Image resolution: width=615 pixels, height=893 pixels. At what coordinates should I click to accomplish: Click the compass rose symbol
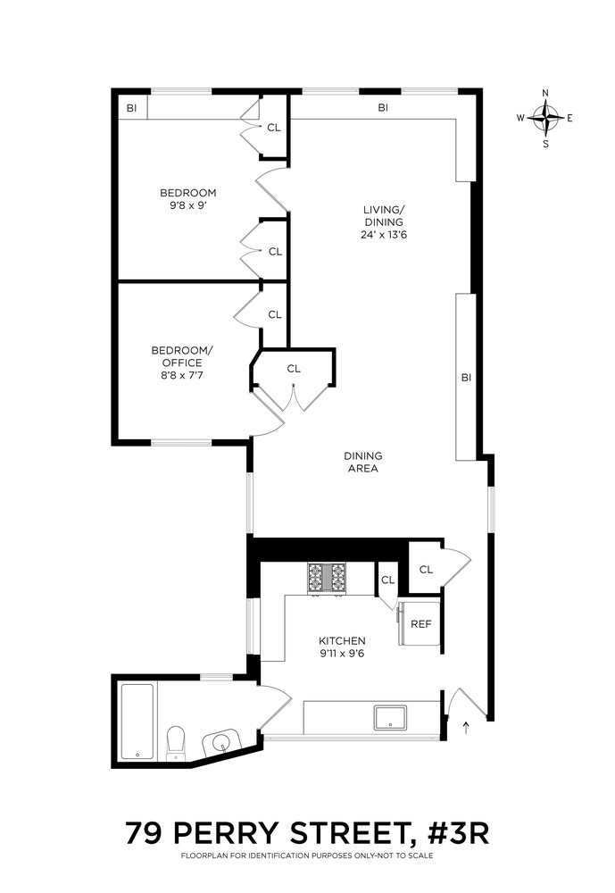(545, 117)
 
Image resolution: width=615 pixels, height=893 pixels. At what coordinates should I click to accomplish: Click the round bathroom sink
(220, 743)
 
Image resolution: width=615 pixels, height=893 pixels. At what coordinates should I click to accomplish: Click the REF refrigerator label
(420, 623)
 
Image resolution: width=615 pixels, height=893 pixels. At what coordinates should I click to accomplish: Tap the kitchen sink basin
(390, 717)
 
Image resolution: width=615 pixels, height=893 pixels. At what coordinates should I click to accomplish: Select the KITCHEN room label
(343, 640)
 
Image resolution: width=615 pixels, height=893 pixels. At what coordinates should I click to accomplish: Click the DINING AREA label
(362, 462)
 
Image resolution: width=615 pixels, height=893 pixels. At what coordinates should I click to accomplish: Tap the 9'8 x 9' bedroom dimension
(188, 205)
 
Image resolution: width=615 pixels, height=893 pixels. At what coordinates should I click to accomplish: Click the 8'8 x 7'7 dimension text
(176, 376)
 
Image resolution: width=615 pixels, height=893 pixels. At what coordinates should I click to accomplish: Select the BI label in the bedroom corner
(131, 108)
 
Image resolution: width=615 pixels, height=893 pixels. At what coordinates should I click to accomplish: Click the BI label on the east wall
(465, 378)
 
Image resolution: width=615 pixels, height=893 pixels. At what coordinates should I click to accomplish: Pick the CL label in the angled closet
(294, 369)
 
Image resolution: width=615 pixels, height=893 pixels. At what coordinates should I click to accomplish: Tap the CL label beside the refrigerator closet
(426, 570)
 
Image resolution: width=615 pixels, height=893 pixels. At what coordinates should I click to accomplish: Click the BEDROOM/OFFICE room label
(176, 356)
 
